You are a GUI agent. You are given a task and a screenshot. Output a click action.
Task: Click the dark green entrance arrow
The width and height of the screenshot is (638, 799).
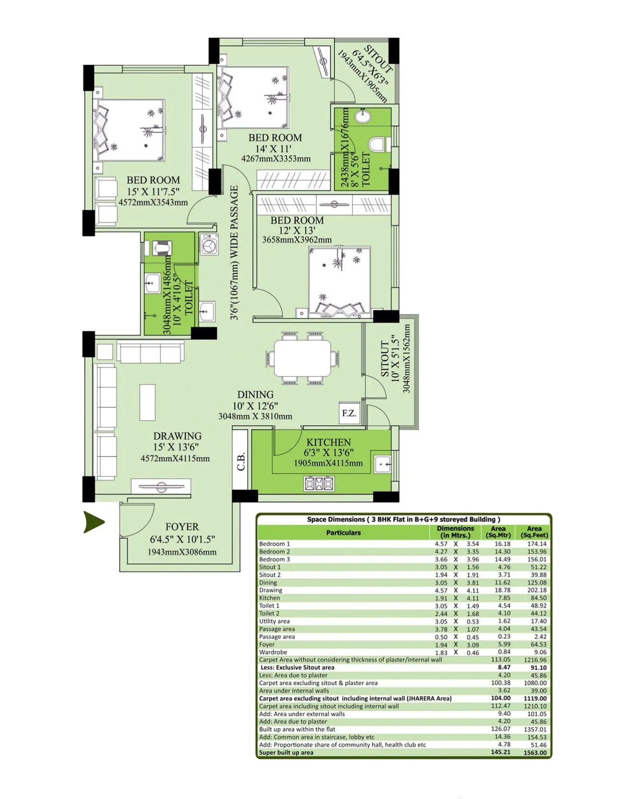point(93,522)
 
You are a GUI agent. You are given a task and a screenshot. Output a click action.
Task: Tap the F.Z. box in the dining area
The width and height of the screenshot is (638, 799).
point(349,413)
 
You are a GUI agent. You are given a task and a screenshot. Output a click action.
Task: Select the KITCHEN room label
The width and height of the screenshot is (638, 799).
point(328,442)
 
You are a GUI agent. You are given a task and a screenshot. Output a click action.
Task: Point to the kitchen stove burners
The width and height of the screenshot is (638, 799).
point(319,484)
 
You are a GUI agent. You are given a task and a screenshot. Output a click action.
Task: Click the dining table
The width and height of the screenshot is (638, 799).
point(302,358)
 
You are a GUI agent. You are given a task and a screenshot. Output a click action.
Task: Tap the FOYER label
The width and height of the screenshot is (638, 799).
point(182,527)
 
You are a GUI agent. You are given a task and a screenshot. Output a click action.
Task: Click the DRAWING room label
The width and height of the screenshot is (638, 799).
point(177,436)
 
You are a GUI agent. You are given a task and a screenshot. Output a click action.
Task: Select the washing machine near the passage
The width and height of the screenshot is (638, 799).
point(208,244)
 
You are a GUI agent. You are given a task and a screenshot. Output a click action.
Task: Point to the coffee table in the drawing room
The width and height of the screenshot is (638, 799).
point(147,402)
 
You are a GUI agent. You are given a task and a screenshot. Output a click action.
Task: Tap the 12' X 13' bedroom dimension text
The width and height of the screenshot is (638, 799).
point(297,230)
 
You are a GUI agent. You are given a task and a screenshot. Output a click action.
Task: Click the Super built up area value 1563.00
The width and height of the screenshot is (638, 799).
point(535,753)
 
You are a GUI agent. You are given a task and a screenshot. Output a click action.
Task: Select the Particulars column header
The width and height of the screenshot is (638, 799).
point(343,533)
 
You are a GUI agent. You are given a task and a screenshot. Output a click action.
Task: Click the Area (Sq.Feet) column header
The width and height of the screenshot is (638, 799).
point(534,532)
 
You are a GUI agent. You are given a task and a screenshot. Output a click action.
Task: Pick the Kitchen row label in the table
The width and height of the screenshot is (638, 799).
point(269,598)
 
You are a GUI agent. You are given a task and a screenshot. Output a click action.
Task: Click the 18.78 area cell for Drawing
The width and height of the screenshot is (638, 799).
point(502,590)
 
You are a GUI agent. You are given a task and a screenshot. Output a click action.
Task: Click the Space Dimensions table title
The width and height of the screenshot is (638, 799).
point(403,519)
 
